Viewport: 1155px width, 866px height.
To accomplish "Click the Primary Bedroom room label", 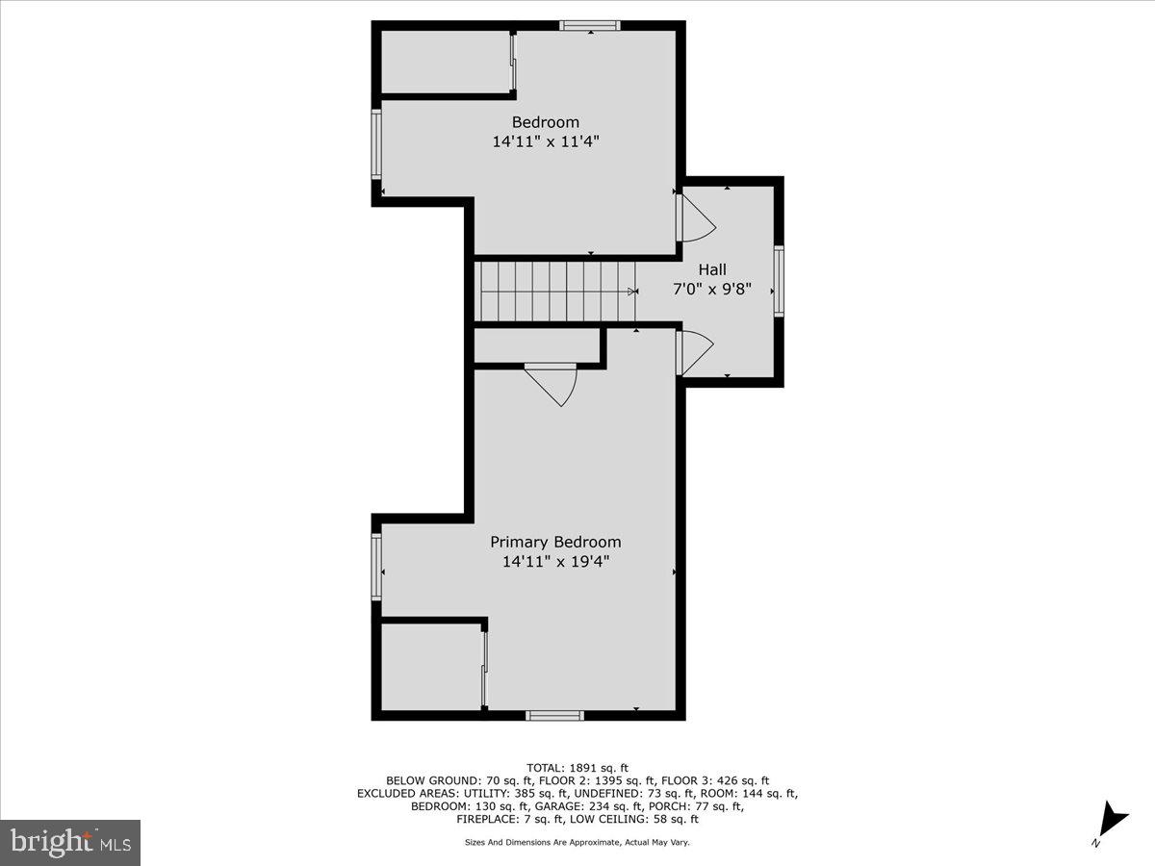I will pos(555,542).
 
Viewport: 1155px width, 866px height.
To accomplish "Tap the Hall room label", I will pos(712,269).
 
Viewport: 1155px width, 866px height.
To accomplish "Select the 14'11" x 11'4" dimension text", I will pos(552,140).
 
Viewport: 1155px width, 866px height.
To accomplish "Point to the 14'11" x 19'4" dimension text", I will pos(555,561).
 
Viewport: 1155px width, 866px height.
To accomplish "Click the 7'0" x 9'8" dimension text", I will pos(712,288).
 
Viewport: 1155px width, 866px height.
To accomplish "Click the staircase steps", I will pos(556,291).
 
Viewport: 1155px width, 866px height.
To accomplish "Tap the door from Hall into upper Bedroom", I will pos(695,218).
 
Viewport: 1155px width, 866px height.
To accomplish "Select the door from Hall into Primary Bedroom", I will pos(693,352).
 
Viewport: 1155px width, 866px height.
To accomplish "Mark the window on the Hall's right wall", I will pos(779,281).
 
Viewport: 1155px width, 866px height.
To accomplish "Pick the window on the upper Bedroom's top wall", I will pos(590,26).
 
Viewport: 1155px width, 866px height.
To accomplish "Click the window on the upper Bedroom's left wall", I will pos(377,144).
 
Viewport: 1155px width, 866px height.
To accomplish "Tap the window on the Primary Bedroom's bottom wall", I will pos(554,715).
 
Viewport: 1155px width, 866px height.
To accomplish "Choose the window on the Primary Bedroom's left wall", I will pos(377,568).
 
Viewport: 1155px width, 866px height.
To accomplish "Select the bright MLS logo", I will pos(70,842).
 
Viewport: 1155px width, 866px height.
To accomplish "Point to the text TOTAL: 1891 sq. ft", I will pos(577,767).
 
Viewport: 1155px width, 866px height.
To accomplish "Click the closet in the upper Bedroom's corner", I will pos(446,63).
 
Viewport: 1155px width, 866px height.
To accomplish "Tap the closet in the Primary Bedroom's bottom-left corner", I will pos(431,667).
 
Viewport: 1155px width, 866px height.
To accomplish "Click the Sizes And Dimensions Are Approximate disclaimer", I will pos(577,842).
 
